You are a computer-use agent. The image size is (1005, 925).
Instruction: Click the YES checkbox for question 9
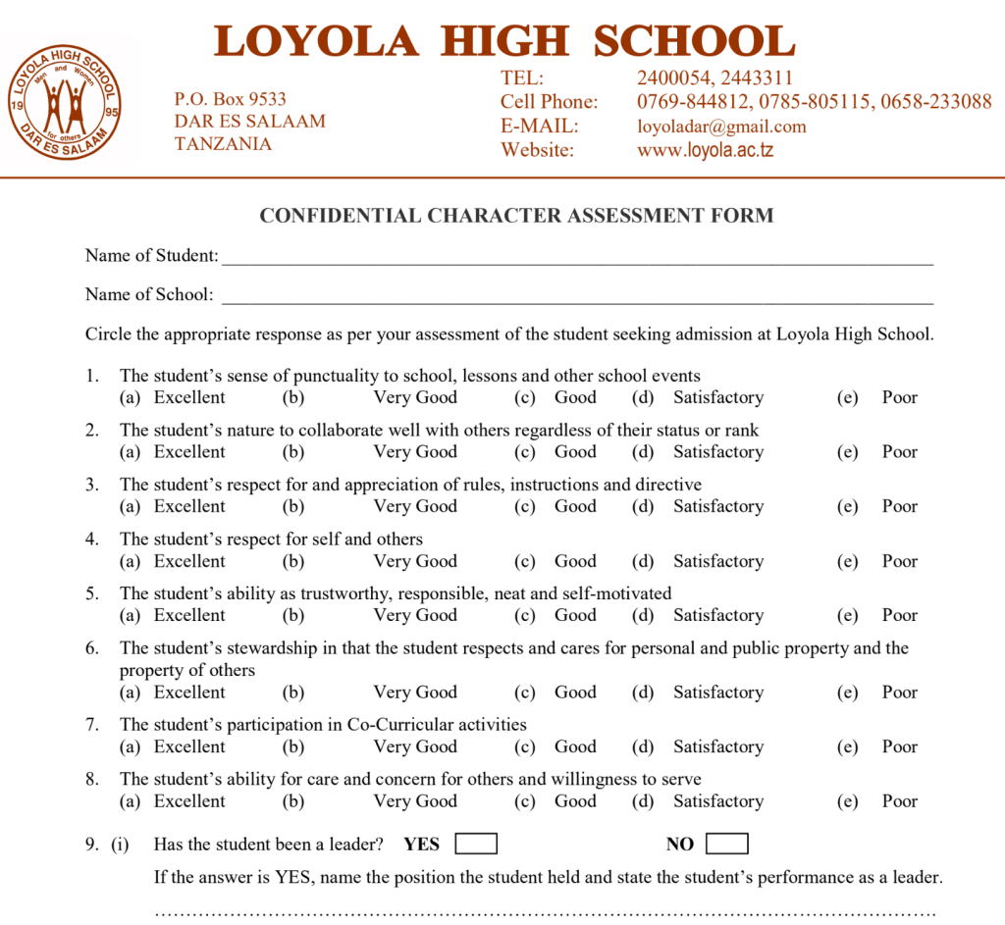click(x=476, y=844)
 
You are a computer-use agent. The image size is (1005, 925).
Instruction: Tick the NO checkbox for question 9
click(x=726, y=844)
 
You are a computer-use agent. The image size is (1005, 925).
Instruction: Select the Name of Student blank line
click(x=577, y=257)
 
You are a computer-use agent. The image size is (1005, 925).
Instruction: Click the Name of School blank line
click(x=577, y=296)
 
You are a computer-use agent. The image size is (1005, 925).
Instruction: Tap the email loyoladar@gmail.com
click(x=721, y=127)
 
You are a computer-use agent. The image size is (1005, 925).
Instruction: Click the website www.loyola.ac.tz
click(x=705, y=150)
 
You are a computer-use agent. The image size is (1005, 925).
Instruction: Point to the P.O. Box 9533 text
click(x=231, y=99)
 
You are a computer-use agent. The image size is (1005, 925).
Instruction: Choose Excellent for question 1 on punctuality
click(x=189, y=397)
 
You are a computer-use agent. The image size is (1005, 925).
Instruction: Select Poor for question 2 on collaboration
click(x=899, y=452)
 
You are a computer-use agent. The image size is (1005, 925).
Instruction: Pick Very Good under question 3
click(x=415, y=506)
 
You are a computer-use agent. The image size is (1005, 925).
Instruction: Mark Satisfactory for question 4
click(x=717, y=561)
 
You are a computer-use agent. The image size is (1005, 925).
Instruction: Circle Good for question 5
click(x=575, y=615)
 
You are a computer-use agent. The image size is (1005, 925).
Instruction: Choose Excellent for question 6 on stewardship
click(x=189, y=692)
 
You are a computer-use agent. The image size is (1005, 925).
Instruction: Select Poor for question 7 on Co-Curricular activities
click(x=899, y=746)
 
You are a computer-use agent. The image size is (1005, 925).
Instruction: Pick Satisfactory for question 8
click(x=717, y=800)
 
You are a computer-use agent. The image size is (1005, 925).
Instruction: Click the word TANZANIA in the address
click(x=223, y=144)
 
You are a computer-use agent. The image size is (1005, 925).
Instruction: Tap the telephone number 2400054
click(x=673, y=78)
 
